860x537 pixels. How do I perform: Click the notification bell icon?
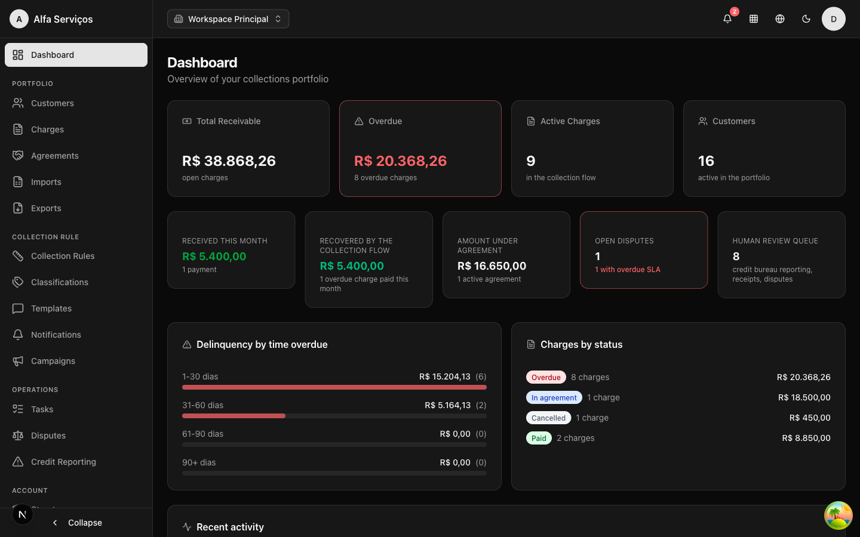point(727,19)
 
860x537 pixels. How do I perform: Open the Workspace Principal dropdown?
point(228,19)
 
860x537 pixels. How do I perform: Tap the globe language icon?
point(780,19)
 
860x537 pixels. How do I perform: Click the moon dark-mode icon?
point(806,19)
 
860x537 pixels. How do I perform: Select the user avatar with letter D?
point(834,19)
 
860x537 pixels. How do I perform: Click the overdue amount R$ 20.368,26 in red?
point(400,161)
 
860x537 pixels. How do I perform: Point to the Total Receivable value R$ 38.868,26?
point(229,161)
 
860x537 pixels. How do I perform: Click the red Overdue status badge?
point(546,377)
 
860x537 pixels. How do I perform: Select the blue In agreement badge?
point(554,397)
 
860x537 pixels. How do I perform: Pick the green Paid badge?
point(539,438)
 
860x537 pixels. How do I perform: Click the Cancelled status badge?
point(548,418)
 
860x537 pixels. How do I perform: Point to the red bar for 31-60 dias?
point(234,416)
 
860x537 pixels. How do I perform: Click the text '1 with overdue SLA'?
point(627,269)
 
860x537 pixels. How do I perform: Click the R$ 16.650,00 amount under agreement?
point(492,266)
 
